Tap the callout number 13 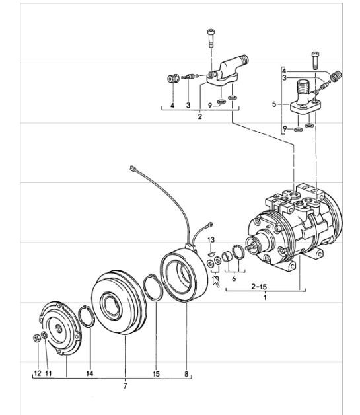pos(211,239)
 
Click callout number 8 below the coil pos(187,373)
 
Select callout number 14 pos(90,373)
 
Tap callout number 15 pos(157,373)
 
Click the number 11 pos(48,373)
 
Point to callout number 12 pos(38,373)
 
